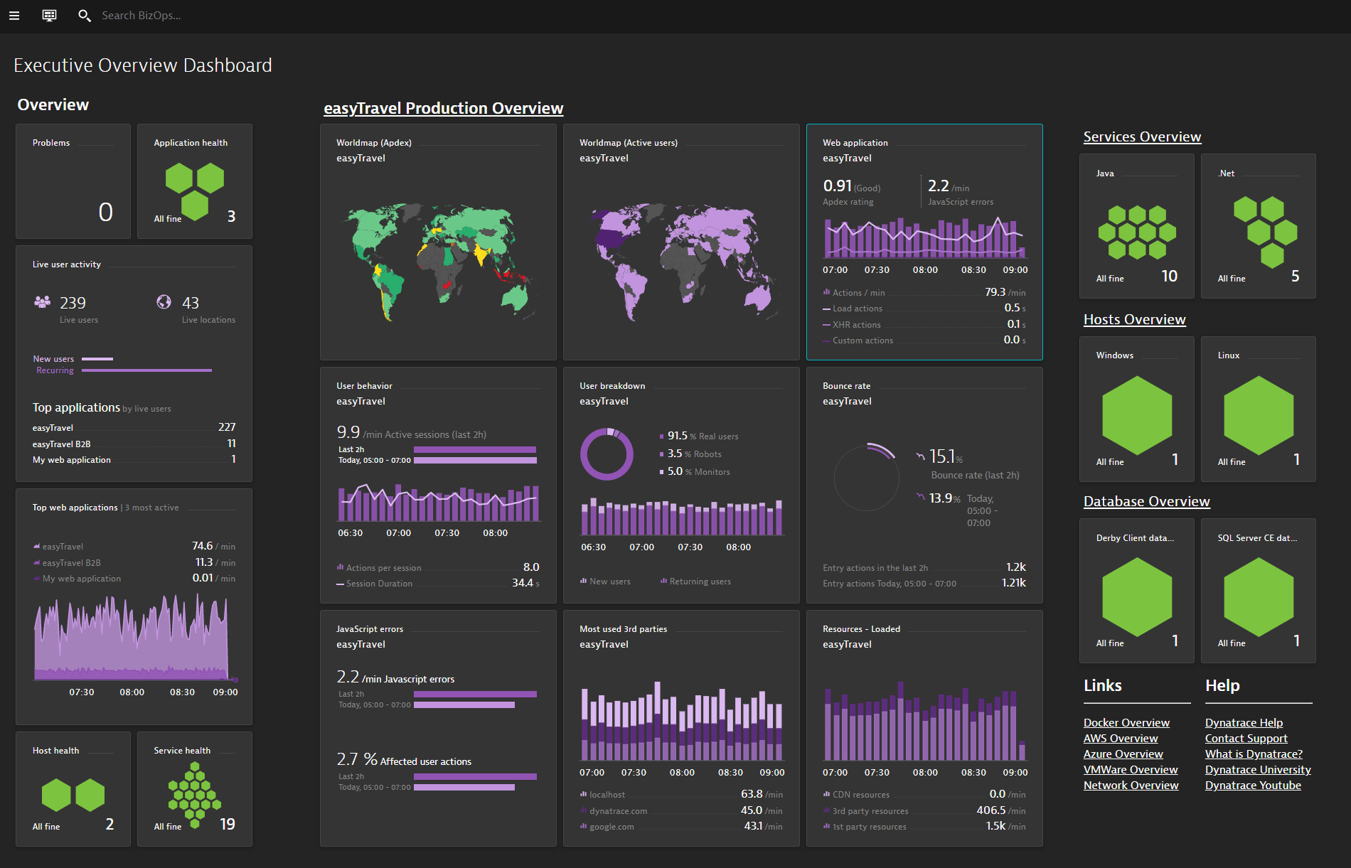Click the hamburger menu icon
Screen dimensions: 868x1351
coord(14,16)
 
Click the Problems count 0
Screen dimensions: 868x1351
coord(105,212)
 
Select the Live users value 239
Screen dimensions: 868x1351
coord(73,303)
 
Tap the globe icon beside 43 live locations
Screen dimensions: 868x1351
coord(164,302)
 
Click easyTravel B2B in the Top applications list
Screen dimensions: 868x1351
coord(61,444)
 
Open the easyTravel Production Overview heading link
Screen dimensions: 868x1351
coord(443,108)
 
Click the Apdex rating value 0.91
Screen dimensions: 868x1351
coord(837,186)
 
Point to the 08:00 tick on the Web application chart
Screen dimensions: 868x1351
coord(924,270)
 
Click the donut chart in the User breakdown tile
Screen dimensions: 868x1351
coord(607,454)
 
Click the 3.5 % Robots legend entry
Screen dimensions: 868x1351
coord(693,454)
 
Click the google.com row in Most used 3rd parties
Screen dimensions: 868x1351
coord(612,827)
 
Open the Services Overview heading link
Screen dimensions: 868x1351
coord(1142,136)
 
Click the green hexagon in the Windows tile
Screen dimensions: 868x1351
coord(1136,415)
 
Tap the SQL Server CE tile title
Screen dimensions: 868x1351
coord(1256,538)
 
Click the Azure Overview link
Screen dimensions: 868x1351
coord(1123,754)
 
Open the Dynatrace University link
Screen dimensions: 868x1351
coord(1257,769)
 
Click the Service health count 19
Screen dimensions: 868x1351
coord(227,824)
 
